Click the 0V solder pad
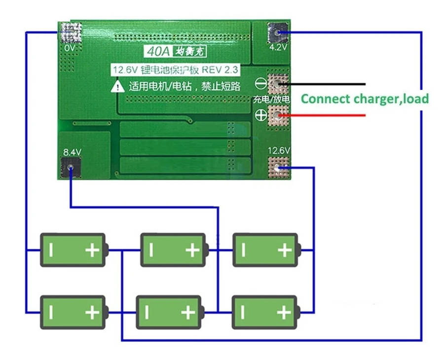click(x=70, y=33)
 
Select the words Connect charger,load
click(x=365, y=99)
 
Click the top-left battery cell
click(x=73, y=250)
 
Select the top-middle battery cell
click(x=173, y=250)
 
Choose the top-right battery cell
click(x=265, y=250)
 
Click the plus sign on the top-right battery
click(x=284, y=251)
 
